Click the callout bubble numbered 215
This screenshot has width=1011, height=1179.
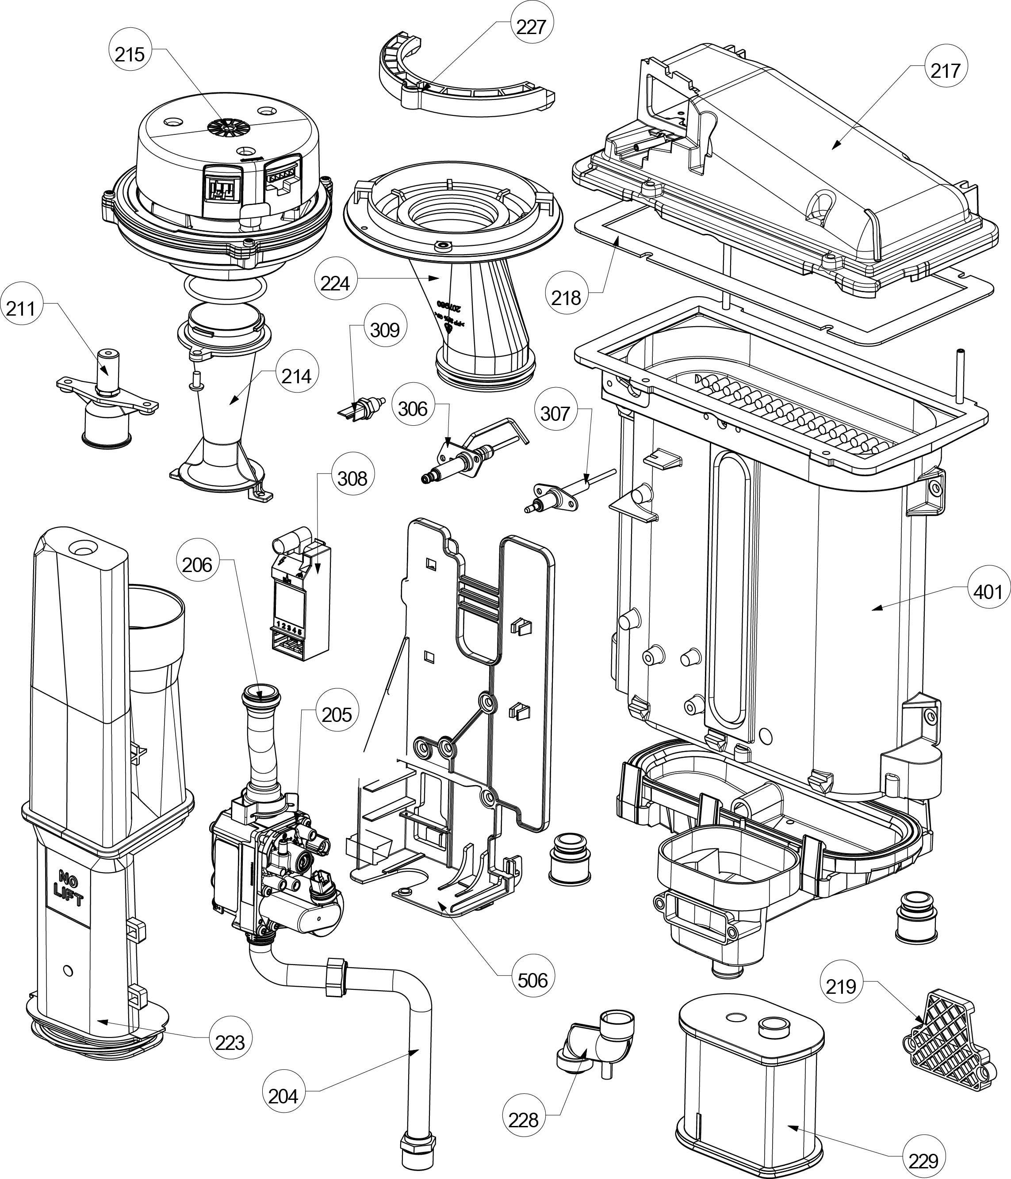click(130, 55)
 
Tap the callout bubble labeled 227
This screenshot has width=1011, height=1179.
click(531, 27)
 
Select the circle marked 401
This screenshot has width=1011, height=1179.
click(988, 592)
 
